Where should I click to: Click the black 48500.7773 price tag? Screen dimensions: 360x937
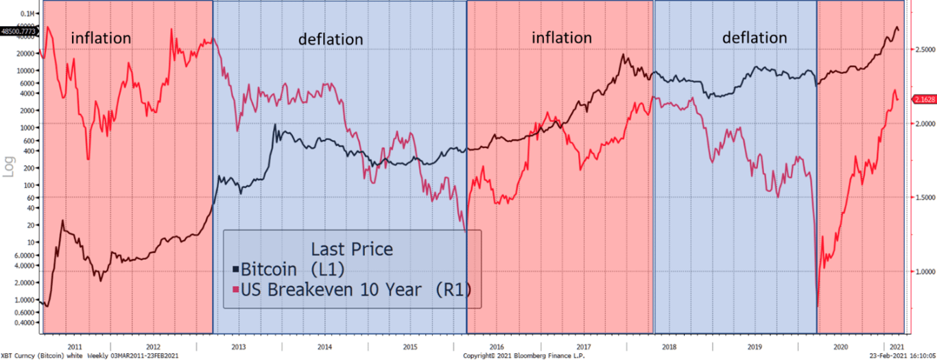[19, 31]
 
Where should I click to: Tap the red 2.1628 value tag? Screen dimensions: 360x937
[923, 99]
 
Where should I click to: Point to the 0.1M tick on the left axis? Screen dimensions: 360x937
[27, 14]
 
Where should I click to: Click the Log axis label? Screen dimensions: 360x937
[9, 165]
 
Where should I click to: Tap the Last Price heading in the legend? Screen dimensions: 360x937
[352, 248]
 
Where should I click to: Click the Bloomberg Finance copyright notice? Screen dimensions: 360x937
[517, 356]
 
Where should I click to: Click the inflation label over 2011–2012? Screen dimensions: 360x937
[101, 38]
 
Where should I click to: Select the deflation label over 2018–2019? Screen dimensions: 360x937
[755, 38]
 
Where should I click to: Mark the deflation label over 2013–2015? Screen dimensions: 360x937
[331, 39]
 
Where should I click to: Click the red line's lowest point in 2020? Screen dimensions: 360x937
[818, 306]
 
